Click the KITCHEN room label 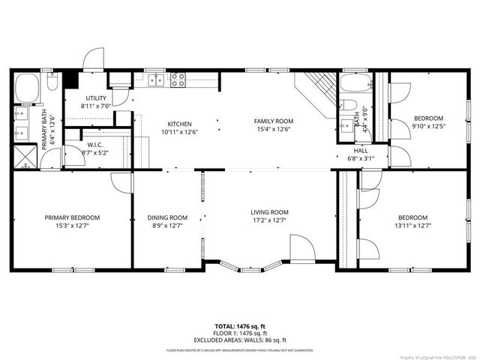tap(179, 124)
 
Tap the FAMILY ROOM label tap(273, 121)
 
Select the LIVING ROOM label tap(269, 212)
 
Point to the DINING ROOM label tap(167, 217)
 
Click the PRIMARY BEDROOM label tap(72, 217)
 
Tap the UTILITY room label tap(96, 98)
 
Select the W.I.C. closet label tap(94, 145)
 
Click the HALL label tap(361, 150)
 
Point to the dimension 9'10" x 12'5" tap(429, 126)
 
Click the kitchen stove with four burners tap(178, 79)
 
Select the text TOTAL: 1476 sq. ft tap(240, 326)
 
